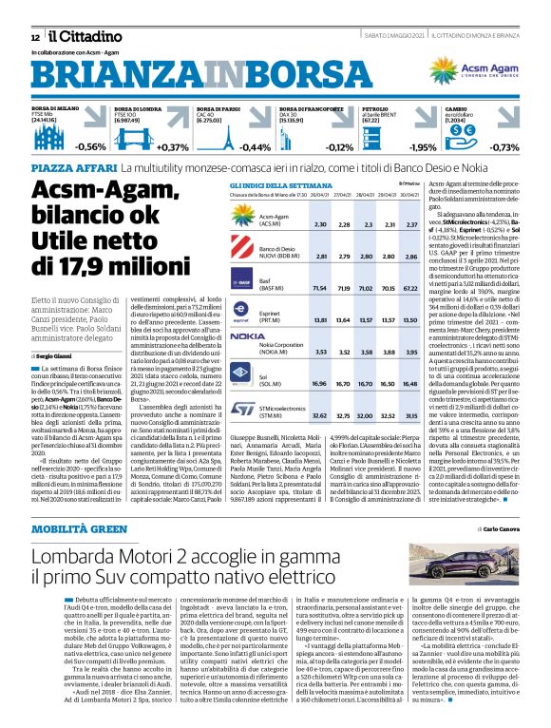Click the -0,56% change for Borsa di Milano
coord(91,147)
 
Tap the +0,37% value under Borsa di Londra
coord(173,147)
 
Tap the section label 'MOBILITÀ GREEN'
coord(80,526)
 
